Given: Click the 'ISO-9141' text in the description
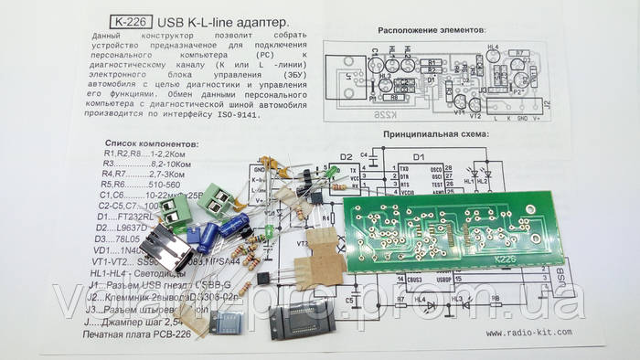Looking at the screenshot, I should click(x=237, y=115).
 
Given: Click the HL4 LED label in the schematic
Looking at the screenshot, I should click(x=420, y=298).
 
